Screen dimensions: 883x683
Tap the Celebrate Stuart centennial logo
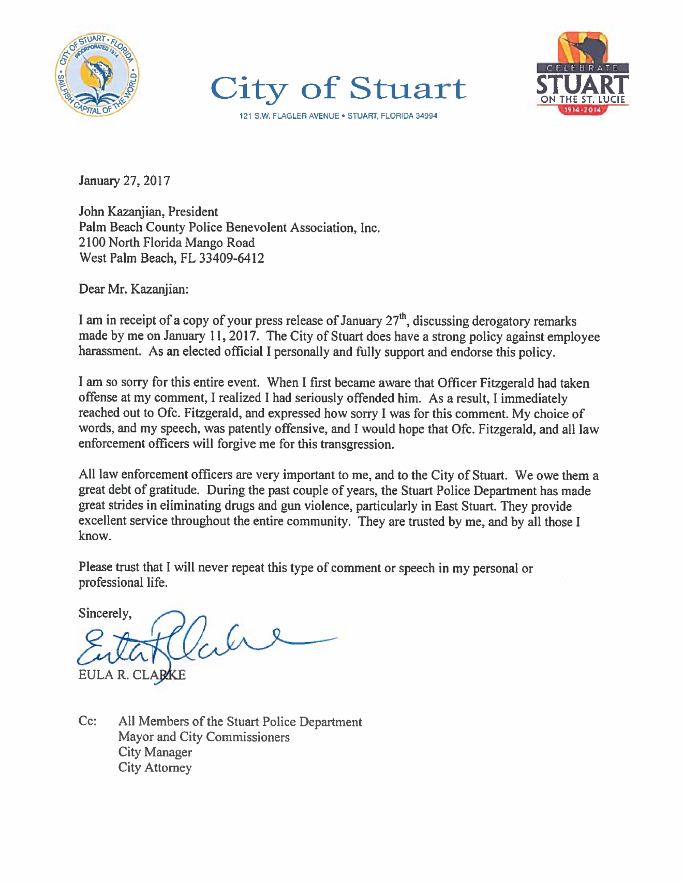click(583, 74)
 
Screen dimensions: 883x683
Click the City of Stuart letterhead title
click(338, 88)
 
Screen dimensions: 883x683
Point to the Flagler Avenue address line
click(338, 116)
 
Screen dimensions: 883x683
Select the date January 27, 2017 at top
click(124, 180)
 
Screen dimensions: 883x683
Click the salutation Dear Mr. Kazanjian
click(133, 289)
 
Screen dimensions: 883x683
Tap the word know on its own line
click(95, 536)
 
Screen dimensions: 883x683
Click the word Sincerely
click(105, 613)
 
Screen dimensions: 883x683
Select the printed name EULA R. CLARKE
click(132, 675)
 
